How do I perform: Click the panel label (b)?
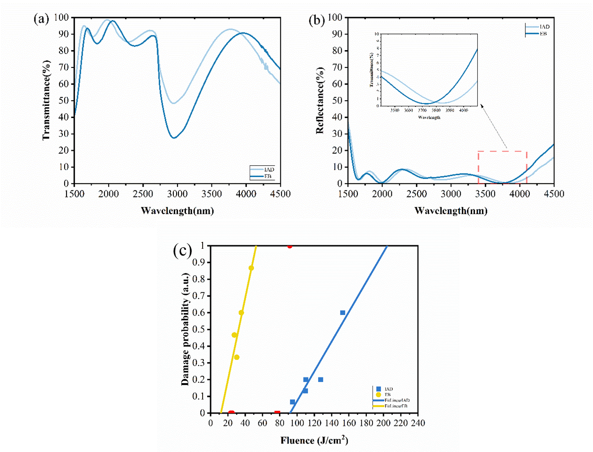(316, 20)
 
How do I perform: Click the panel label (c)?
(183, 250)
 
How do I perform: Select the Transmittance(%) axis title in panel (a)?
(46, 100)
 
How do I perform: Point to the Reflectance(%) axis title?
(320, 100)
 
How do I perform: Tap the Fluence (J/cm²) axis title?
(314, 441)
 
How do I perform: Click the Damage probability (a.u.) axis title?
(186, 330)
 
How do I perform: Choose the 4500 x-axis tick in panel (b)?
(554, 194)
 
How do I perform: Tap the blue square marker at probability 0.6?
(343, 313)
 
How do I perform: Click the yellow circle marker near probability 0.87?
(251, 268)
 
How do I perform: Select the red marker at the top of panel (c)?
(289, 246)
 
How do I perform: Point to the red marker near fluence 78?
(277, 413)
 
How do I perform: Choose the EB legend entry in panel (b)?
(543, 34)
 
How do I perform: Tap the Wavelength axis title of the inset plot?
(429, 117)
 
